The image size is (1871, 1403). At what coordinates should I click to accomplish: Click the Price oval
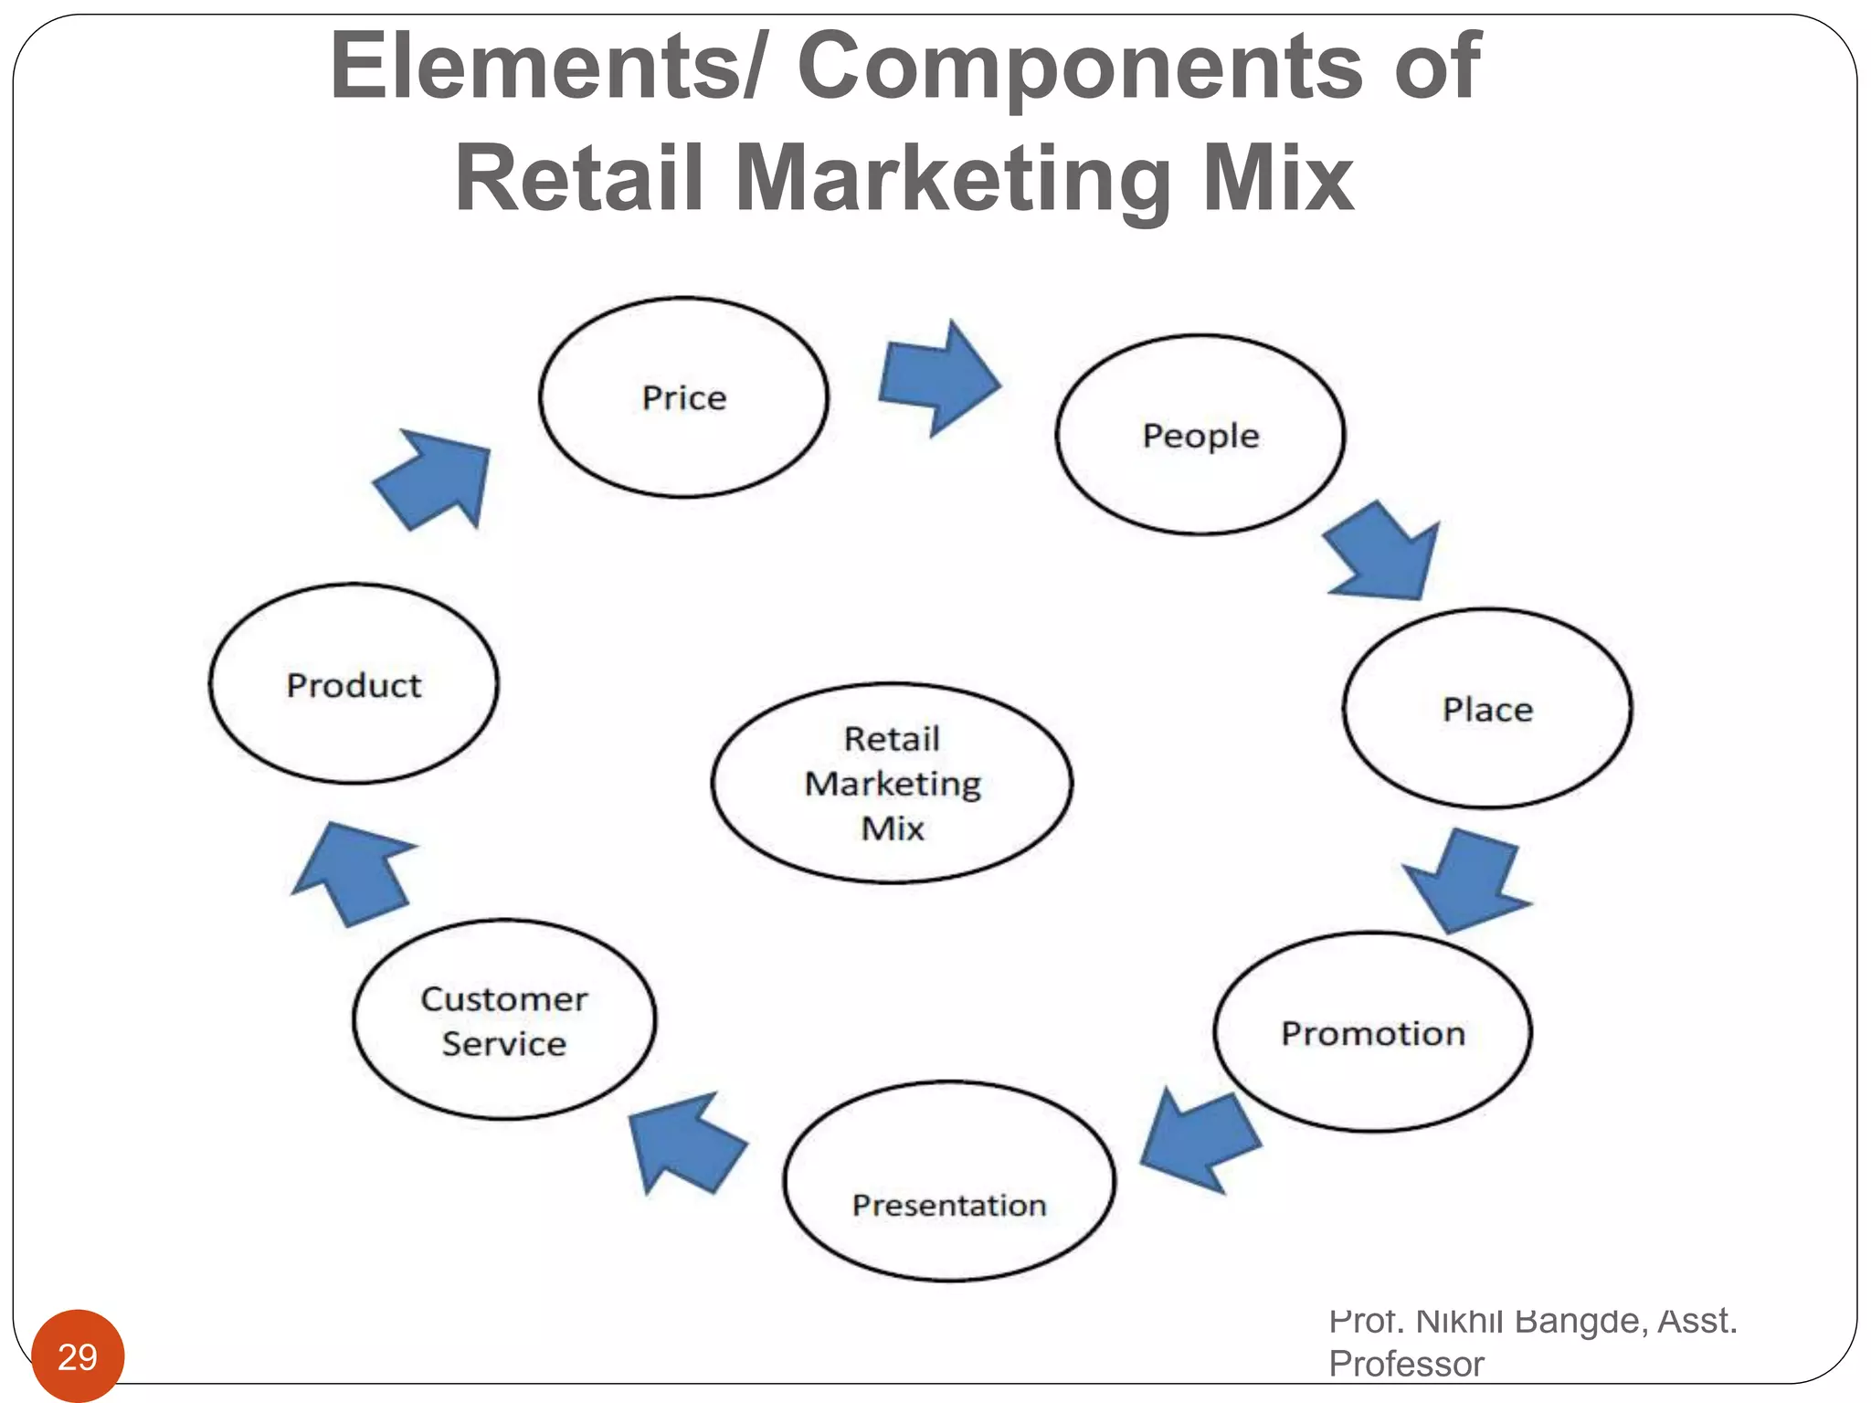click(683, 397)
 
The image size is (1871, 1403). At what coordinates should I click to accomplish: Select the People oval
click(1200, 435)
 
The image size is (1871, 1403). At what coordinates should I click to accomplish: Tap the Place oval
click(1486, 709)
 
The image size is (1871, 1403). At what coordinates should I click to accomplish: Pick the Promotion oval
click(1372, 1032)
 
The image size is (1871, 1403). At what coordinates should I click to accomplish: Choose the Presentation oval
click(948, 1181)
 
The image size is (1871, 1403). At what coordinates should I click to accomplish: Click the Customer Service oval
click(503, 1019)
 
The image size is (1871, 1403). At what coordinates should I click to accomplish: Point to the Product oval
click(354, 684)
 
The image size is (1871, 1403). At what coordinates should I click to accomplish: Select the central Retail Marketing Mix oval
click(892, 783)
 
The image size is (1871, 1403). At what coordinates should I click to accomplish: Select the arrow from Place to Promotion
click(1465, 879)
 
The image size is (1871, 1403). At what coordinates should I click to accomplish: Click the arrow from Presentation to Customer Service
click(685, 1141)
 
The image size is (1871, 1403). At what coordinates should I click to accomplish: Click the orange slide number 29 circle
click(78, 1356)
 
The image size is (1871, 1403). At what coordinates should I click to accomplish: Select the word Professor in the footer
click(1406, 1364)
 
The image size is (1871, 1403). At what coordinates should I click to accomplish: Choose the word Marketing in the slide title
click(952, 179)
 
